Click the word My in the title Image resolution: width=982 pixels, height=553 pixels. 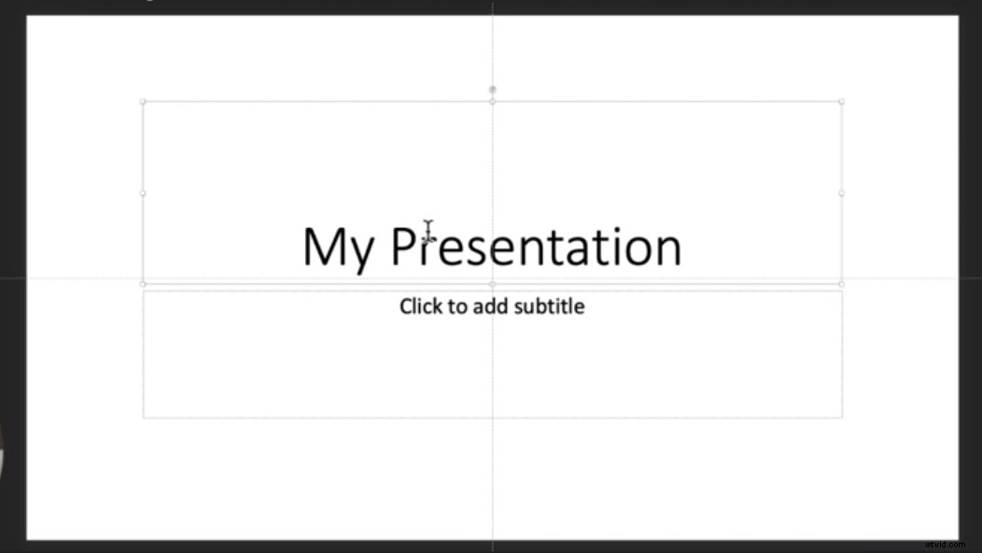[x=339, y=248]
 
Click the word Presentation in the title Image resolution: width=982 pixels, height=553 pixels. [x=536, y=246]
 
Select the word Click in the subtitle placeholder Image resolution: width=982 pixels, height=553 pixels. [x=420, y=305]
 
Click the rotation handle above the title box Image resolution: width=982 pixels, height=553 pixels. [x=493, y=90]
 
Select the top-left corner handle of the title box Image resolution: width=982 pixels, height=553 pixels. [x=143, y=101]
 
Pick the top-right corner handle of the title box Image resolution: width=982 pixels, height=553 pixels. [x=841, y=101]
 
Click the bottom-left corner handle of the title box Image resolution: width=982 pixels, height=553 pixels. [x=143, y=283]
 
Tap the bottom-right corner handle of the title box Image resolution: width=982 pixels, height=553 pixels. [x=841, y=283]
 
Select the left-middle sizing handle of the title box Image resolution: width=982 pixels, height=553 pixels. [x=143, y=193]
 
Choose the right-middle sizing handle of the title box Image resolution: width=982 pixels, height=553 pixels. [x=841, y=193]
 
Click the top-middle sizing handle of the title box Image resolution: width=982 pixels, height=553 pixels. [x=493, y=101]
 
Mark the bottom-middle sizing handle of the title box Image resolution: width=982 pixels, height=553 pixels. [x=493, y=283]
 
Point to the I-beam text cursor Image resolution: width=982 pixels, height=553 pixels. [x=428, y=232]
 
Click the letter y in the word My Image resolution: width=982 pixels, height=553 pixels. [x=363, y=252]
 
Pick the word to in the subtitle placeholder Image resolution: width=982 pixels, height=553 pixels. [x=457, y=305]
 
